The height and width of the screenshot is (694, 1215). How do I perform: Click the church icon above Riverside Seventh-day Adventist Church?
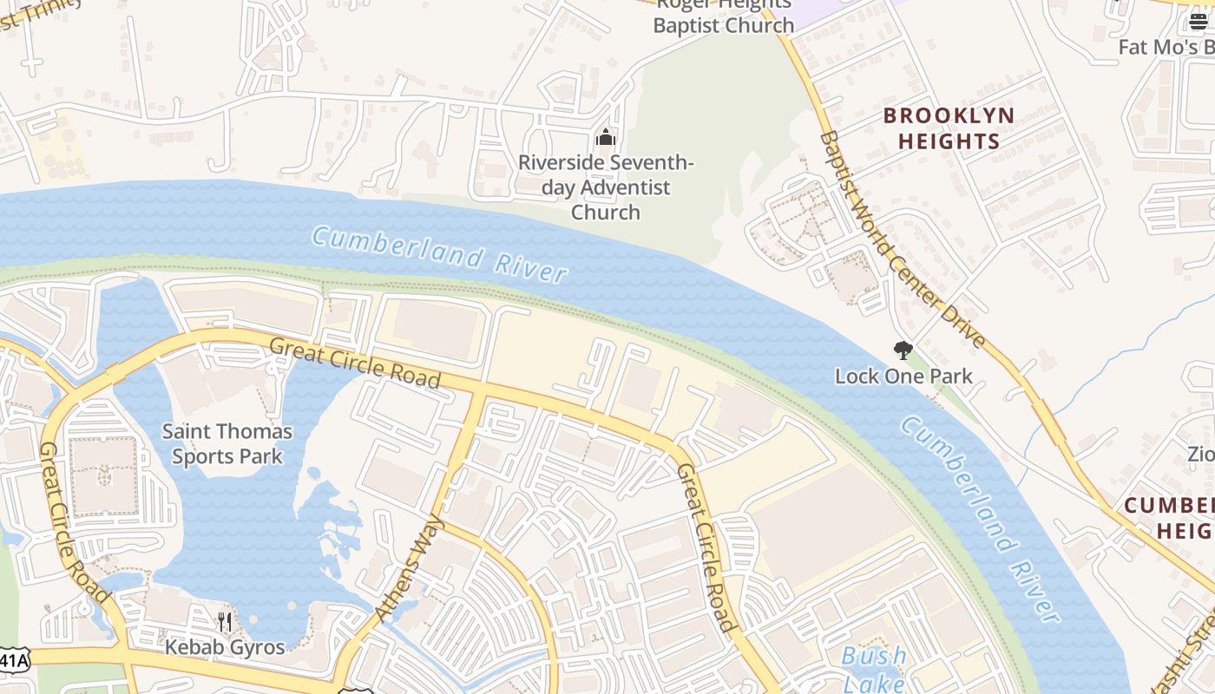606,137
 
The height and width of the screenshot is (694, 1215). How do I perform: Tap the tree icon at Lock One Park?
903,350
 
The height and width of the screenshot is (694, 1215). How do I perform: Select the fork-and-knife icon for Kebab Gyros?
225,621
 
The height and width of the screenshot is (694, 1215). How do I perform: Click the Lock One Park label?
903,376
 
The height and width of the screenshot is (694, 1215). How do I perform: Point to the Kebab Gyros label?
225,647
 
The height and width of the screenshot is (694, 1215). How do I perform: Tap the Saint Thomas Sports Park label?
227,443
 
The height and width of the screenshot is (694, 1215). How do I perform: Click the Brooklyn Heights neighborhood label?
949,128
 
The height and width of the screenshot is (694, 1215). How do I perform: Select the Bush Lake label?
874,668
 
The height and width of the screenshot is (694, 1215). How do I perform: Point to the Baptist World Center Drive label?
903,239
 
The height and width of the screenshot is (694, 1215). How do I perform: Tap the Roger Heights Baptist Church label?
723,16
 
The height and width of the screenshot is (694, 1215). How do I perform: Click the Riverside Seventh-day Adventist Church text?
606,187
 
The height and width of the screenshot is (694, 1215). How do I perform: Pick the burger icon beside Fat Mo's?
1199,21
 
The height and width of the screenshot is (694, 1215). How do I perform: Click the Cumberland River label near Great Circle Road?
440,254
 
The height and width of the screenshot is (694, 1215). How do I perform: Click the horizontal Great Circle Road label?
355,363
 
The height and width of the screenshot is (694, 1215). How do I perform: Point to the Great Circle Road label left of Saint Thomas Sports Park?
74,522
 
